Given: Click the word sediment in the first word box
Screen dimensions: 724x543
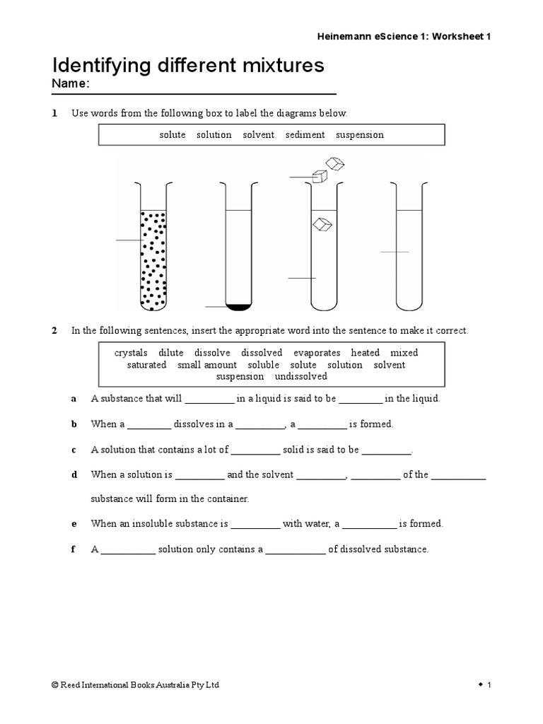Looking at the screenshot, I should [305, 134].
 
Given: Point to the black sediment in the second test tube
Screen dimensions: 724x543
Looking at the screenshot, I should [238, 306].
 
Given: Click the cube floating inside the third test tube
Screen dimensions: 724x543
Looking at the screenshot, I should [322, 224].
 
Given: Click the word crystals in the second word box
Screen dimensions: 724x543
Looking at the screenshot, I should [131, 353].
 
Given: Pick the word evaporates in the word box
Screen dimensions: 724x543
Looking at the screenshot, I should [317, 353].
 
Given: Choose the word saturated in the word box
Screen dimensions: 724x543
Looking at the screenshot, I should [146, 365].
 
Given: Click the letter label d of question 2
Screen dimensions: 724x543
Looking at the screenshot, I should [74, 475].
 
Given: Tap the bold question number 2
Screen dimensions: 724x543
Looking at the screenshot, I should [54, 331].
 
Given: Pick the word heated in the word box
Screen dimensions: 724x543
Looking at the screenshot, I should [365, 353].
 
